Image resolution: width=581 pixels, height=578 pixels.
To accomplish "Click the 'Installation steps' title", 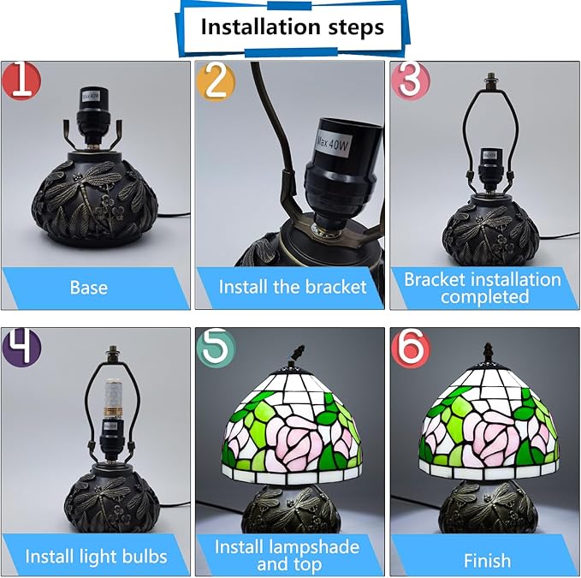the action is click(x=292, y=27).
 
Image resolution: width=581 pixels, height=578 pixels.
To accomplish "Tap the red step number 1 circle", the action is click(x=21, y=80).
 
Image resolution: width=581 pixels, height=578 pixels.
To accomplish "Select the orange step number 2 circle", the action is click(x=216, y=81).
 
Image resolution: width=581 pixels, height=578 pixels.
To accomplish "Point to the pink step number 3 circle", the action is click(x=410, y=80).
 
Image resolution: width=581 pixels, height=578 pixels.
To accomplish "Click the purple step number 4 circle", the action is click(x=21, y=346).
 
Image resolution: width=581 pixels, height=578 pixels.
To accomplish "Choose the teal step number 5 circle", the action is click(x=216, y=348).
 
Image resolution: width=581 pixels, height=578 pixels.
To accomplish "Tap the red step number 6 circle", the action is click(x=410, y=347).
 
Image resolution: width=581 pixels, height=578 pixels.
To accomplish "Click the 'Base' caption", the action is click(x=89, y=288).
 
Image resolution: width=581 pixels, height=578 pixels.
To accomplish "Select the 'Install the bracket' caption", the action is click(x=293, y=287).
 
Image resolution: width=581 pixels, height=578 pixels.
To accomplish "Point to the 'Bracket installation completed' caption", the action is click(x=483, y=288).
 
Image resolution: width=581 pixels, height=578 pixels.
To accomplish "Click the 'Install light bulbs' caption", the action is click(x=96, y=557).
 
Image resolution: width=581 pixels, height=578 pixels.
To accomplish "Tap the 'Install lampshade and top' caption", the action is click(x=287, y=556).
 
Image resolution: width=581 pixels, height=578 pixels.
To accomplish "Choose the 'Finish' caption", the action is click(x=487, y=560).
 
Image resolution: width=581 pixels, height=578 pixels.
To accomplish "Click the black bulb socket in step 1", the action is click(x=91, y=115).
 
